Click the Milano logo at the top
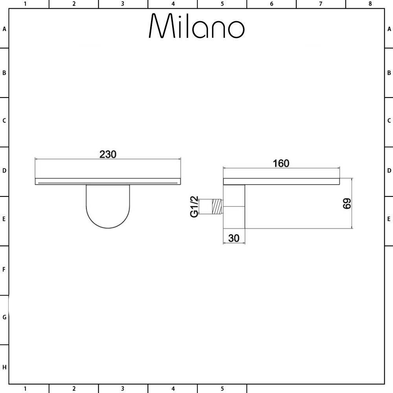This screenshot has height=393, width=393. coord(196,26)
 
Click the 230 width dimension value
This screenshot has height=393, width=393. coord(108,154)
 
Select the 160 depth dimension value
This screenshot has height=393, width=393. coord(281,163)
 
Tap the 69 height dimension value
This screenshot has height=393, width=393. coord(347,204)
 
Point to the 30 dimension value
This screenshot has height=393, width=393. coord(234,238)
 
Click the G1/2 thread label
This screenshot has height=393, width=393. coord(194,207)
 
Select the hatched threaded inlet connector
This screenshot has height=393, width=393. coord(217,207)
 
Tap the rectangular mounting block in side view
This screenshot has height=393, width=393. coord(234,207)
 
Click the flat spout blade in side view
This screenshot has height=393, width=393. coord(281,182)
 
